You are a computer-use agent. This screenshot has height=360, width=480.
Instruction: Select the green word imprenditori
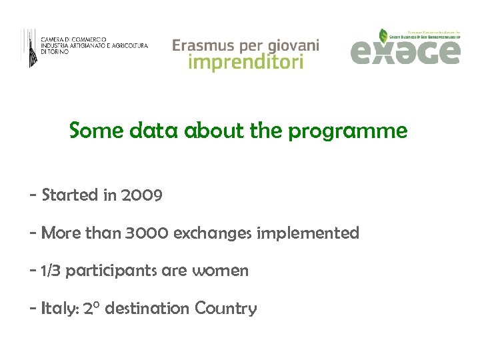click(246, 63)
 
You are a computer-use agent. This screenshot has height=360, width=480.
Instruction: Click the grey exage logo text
click(405, 52)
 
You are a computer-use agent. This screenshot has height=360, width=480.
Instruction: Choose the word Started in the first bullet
click(69, 195)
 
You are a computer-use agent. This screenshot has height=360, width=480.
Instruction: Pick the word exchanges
click(213, 233)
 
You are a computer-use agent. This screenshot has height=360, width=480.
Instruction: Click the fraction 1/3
click(53, 271)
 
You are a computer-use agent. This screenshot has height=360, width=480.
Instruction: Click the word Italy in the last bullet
click(59, 309)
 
